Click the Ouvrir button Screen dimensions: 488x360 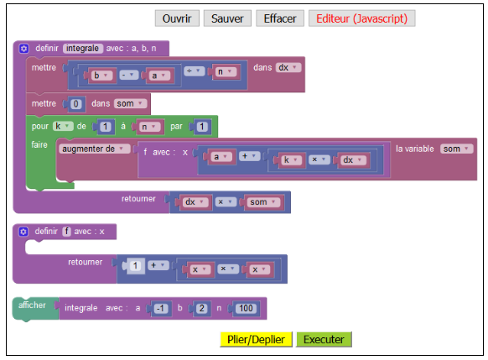(x=177, y=18)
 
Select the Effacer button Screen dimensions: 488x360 (x=280, y=18)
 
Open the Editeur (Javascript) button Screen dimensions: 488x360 (x=361, y=18)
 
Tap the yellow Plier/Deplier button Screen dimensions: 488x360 (x=256, y=339)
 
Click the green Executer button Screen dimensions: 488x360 (x=324, y=339)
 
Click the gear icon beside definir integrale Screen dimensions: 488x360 (x=23, y=49)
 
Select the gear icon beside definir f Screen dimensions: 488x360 (x=23, y=232)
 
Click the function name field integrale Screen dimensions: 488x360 (x=83, y=49)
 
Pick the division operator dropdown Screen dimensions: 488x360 (x=194, y=71)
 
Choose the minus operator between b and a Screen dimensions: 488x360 (x=128, y=75)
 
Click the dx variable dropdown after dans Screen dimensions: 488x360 (x=288, y=68)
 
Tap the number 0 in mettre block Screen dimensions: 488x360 (x=75, y=104)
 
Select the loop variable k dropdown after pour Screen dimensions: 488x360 (x=63, y=126)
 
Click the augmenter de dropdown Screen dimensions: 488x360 (x=95, y=149)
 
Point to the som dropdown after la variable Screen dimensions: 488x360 (x=456, y=149)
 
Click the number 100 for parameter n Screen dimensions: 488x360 (x=246, y=308)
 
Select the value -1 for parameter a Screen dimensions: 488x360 (x=161, y=308)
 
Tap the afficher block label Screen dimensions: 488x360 (x=32, y=305)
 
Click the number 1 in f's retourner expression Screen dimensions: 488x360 (x=135, y=266)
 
